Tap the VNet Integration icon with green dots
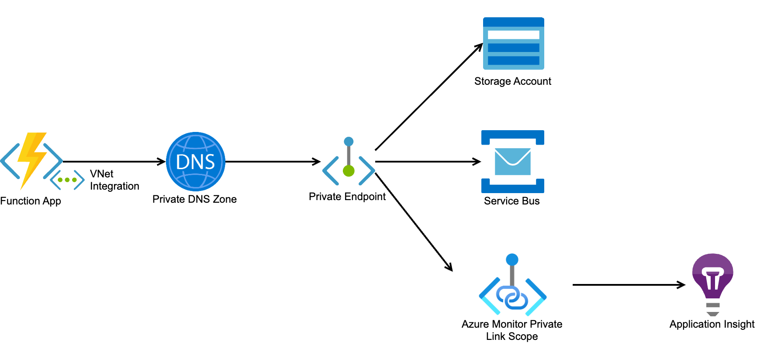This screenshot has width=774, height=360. pos(67,180)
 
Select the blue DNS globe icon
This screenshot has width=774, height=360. pos(195,162)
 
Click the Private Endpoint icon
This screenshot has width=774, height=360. pos(349,162)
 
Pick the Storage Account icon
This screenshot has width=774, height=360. pos(513,43)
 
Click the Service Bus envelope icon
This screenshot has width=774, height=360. pos(513,162)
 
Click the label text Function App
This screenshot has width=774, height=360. pos(31,201)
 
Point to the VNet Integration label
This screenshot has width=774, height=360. pos(114,180)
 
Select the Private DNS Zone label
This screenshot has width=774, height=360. pos(194,199)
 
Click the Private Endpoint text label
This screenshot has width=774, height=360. pos(347,197)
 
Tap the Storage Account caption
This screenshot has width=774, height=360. pos(513,81)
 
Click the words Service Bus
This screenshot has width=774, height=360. pos(512,201)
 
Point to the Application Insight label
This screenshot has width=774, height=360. pos(712,324)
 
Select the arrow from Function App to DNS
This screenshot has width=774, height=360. pos(114,162)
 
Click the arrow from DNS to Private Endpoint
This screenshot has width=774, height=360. pos(273,162)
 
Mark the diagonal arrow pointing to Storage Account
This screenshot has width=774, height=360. pos(428,97)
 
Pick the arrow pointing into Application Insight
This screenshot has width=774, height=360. pos(629,285)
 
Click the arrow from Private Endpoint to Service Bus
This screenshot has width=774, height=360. pos(428,162)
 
